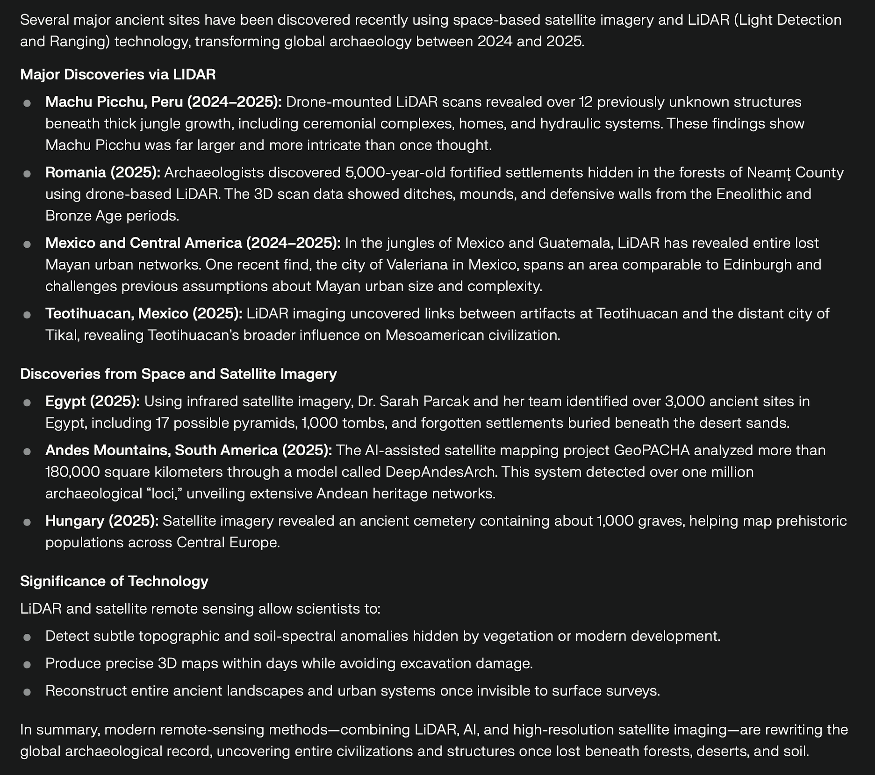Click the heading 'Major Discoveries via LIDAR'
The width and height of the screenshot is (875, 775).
click(118, 74)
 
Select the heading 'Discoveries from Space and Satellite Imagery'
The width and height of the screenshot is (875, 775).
click(178, 374)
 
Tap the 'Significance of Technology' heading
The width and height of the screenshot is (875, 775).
click(114, 581)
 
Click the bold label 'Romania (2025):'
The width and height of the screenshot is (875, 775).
click(103, 172)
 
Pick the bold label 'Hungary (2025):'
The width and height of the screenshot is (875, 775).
click(102, 521)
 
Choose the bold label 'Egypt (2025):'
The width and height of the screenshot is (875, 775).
click(93, 401)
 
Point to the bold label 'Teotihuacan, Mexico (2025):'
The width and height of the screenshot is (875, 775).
click(144, 313)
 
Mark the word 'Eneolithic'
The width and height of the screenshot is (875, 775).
click(750, 194)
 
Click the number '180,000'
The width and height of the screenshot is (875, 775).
click(72, 472)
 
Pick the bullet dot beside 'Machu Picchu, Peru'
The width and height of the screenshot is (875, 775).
click(27, 103)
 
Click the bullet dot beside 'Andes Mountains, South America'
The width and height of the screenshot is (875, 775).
click(27, 451)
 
